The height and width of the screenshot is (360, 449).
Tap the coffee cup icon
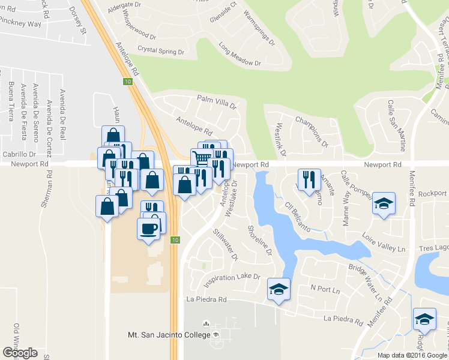pos(149,227)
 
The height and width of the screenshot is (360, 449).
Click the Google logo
pos(20,353)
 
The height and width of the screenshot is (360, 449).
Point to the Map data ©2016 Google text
pos(412,355)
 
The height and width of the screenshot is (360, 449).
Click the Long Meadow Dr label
pos(240,54)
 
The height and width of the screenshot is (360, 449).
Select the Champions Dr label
pos(312,131)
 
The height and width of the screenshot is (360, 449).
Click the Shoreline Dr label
pos(261,239)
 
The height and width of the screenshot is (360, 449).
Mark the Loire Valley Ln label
pos(384,243)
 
